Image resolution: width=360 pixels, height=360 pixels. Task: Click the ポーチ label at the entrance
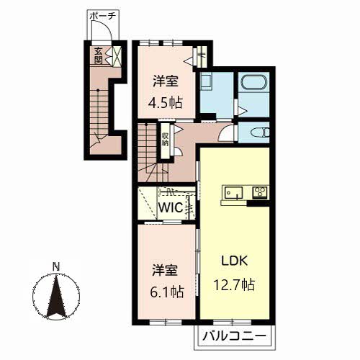tap(103, 17)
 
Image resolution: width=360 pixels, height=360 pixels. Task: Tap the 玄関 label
tap(98, 55)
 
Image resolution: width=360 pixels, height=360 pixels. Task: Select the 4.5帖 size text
tap(166, 102)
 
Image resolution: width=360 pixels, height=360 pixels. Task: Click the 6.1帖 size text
tap(167, 292)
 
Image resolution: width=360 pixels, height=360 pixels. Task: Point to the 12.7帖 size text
tap(234, 284)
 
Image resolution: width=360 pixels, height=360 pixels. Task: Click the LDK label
tap(234, 261)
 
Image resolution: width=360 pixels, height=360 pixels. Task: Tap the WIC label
tap(171, 207)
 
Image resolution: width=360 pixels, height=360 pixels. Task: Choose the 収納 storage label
tap(165, 140)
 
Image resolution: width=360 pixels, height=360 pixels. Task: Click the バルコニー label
tap(234, 336)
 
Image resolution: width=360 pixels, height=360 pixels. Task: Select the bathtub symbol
tap(254, 82)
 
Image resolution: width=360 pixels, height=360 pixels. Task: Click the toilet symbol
tap(260, 132)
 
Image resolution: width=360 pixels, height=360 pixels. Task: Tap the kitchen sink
tap(233, 193)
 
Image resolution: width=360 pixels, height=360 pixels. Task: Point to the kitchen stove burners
tap(260, 192)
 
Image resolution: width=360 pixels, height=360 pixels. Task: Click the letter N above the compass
tap(56, 267)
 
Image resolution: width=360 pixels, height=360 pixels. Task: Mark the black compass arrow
tap(56, 297)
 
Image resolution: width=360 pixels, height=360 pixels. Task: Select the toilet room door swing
tap(225, 134)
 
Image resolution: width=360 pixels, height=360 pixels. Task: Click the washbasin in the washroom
tap(206, 82)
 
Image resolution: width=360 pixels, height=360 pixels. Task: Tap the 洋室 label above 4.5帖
tap(166, 81)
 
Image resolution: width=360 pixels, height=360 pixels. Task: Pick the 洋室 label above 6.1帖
tap(165, 270)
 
